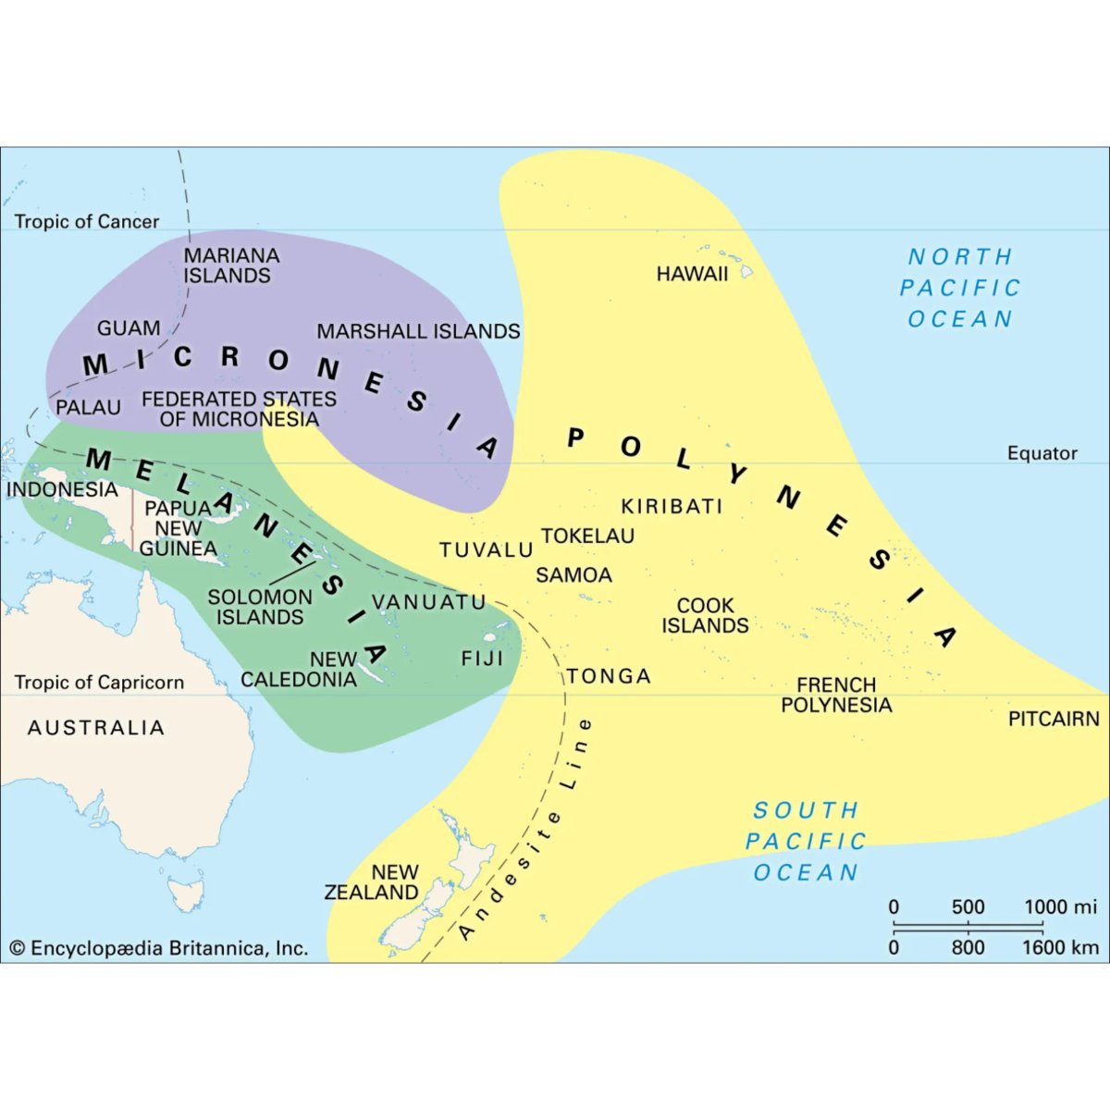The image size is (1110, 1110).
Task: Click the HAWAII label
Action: (692, 274)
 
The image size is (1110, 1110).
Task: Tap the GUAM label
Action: (129, 328)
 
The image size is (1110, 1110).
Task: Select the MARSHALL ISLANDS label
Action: (418, 331)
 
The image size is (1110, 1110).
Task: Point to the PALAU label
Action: (89, 407)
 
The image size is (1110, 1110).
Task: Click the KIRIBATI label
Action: (672, 506)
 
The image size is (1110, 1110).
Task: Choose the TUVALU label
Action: (487, 549)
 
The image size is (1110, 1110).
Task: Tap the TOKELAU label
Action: (588, 536)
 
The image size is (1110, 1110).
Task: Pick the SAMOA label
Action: (573, 574)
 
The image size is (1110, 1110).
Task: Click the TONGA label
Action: (610, 676)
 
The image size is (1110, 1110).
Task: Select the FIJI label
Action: (482, 659)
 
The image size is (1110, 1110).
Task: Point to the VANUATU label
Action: (429, 602)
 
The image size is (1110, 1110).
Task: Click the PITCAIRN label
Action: (1054, 719)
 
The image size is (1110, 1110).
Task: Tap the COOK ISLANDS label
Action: (705, 615)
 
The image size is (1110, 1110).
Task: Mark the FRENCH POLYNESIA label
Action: (836, 695)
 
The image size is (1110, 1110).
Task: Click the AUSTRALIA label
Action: (96, 728)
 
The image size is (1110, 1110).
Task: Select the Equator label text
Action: (1042, 453)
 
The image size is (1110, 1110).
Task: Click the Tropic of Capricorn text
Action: (99, 683)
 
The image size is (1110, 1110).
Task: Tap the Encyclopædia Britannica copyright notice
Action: (158, 948)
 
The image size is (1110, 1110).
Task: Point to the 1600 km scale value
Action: (1060, 947)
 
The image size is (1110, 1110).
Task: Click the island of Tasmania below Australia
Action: (188, 894)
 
